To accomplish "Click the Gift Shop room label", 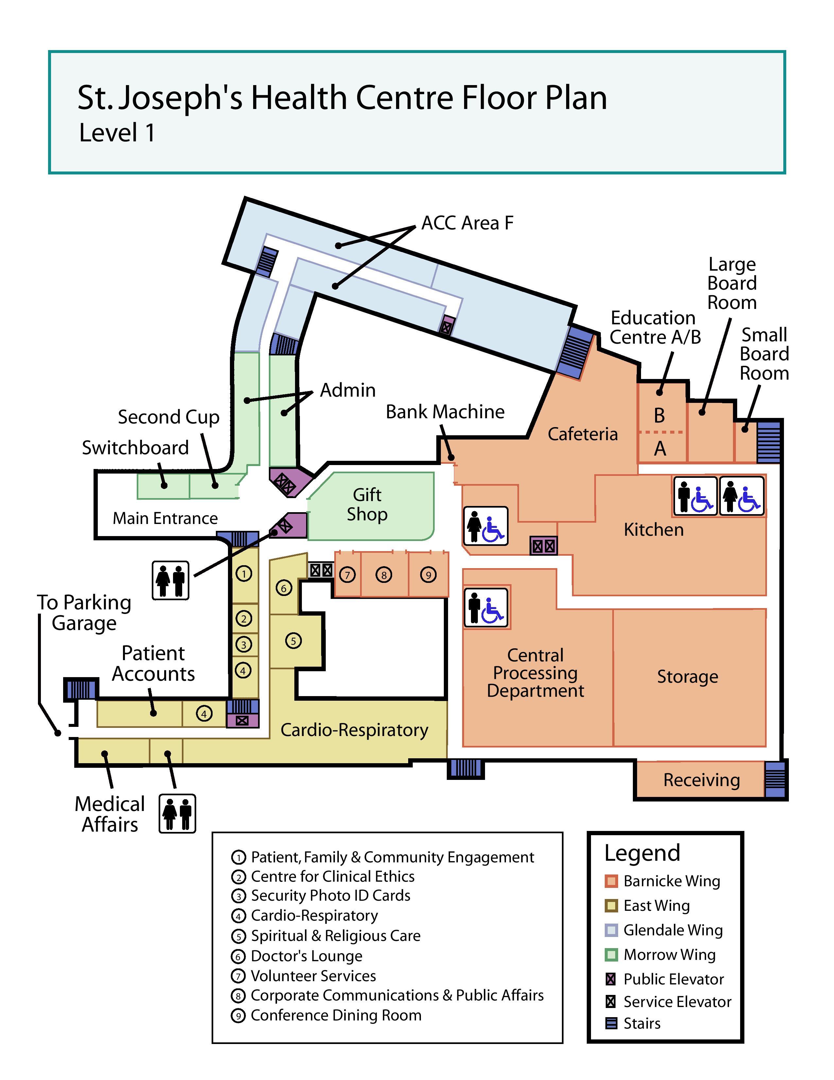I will point(367,504).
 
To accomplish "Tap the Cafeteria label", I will point(582,434).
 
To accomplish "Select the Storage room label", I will point(687,676).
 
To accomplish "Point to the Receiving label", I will point(701,780).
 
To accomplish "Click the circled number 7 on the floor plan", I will point(347,575).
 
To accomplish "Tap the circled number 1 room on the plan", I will point(244,574).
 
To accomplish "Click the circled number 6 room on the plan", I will point(284,588).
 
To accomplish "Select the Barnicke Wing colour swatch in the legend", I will point(611,881).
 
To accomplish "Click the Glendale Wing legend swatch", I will point(611,930).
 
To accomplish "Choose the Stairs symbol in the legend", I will point(611,1023).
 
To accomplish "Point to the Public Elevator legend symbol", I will point(611,979).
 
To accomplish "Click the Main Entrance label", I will point(165,518).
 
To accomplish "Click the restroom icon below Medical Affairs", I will point(177,814).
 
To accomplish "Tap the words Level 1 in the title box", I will point(117,133).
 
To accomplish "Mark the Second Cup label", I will point(168,417).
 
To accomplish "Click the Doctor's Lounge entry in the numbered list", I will point(306,956).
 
